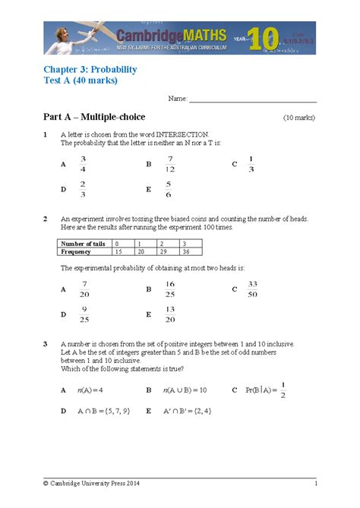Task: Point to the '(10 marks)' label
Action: (x=299, y=118)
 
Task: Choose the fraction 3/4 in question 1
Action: (x=83, y=163)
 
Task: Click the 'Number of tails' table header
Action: (x=84, y=243)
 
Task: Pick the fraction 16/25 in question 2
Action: (x=169, y=289)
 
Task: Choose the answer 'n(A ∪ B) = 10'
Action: (x=185, y=390)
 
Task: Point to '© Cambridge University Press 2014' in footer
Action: (x=91, y=484)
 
